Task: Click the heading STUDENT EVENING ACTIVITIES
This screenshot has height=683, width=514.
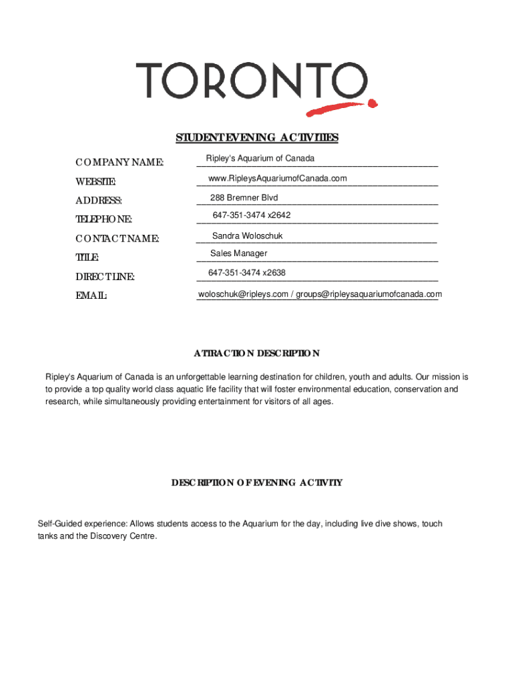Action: pos(257,137)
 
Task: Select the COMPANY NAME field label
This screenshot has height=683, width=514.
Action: pos(119,163)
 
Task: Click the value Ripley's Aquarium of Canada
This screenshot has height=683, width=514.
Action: pos(260,159)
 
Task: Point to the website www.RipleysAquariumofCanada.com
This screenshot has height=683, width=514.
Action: pos(278,178)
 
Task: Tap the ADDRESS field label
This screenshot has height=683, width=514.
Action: pos(98,201)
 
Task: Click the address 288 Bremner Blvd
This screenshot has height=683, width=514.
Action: pos(244,198)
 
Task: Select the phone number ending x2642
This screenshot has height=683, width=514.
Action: pos(252,215)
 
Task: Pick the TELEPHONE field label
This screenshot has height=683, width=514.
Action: pos(103,219)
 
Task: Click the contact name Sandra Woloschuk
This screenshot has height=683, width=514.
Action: pos(247,236)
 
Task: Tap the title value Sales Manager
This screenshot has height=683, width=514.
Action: pos(238,253)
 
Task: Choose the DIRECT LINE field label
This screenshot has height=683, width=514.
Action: pos(105,277)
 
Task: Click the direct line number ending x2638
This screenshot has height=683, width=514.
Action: pos(247,273)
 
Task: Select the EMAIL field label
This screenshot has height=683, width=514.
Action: pos(91,295)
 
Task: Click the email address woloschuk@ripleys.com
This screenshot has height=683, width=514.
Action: pos(243,294)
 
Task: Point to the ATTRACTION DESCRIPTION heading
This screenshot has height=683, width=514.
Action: pos(257,354)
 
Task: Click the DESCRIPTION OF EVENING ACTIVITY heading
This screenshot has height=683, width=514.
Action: pos(257,482)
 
